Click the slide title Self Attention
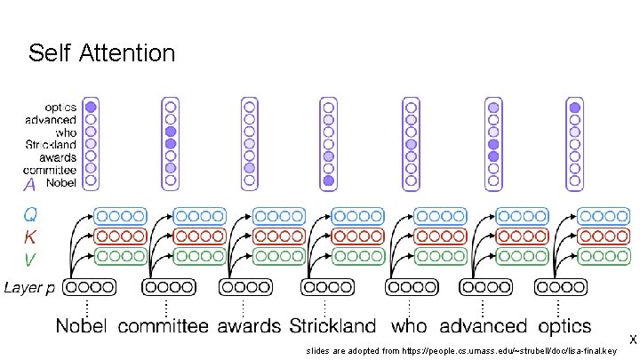point(101,53)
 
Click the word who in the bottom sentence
point(409,326)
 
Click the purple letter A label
point(30,185)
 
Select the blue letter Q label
point(30,214)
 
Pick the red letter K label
point(30,236)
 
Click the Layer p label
point(29,288)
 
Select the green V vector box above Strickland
point(359,258)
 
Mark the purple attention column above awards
point(250,143)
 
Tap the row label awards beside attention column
point(58,156)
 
